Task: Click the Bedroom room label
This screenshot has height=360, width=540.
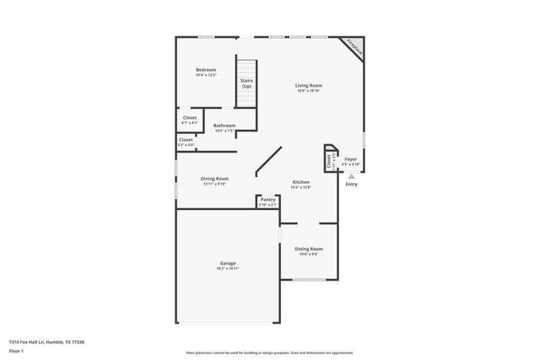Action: pyautogui.click(x=206, y=69)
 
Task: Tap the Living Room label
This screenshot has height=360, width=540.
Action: pyautogui.click(x=308, y=85)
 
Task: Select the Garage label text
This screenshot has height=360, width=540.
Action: pyautogui.click(x=227, y=263)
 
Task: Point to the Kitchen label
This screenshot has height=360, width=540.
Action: pyautogui.click(x=300, y=182)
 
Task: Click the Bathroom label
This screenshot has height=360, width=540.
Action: pyautogui.click(x=224, y=126)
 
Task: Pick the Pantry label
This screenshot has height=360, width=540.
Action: pyautogui.click(x=267, y=200)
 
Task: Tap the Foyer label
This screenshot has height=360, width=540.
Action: pyautogui.click(x=350, y=158)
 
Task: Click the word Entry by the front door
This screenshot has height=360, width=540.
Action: pyautogui.click(x=351, y=185)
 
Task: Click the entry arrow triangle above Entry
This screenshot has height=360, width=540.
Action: pyautogui.click(x=351, y=175)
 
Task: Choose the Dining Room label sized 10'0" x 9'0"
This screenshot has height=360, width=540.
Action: pyautogui.click(x=308, y=249)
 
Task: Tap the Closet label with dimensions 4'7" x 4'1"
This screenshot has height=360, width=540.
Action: pyautogui.click(x=190, y=118)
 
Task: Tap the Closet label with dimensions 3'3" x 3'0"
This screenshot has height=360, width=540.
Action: pyautogui.click(x=186, y=140)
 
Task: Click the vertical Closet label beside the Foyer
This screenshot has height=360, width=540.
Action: pyautogui.click(x=328, y=159)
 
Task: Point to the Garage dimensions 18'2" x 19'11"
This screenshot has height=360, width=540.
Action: pyautogui.click(x=227, y=268)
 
